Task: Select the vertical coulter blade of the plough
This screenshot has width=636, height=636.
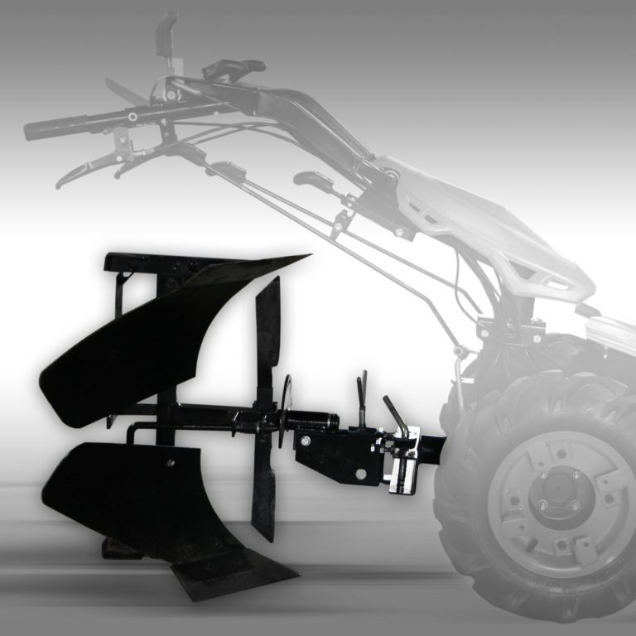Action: click(x=266, y=406)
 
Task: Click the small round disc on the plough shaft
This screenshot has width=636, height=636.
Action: click(x=287, y=409)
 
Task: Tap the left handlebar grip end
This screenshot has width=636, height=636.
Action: click(x=33, y=130)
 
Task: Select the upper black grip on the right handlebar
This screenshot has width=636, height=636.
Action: click(x=240, y=66)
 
